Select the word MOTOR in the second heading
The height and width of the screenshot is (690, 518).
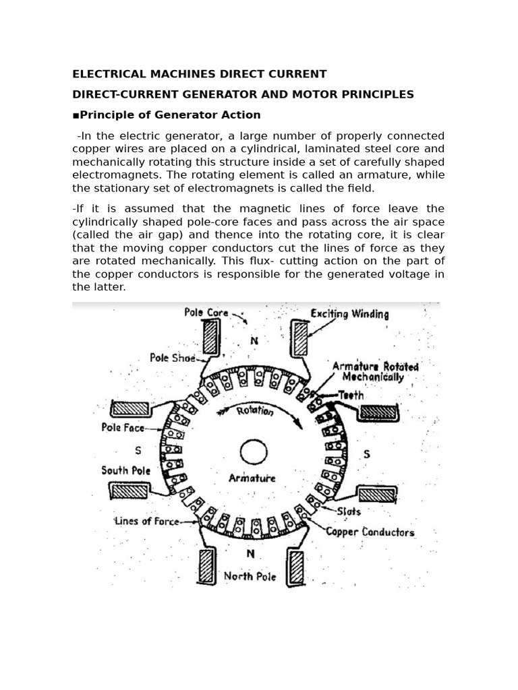pyautogui.click(x=317, y=94)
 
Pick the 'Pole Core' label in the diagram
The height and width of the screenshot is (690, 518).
pyautogui.click(x=206, y=313)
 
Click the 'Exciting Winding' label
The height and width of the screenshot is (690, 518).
pyautogui.click(x=349, y=314)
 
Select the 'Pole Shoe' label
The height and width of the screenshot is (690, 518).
pyautogui.click(x=172, y=358)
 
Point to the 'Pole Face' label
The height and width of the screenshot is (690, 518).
pyautogui.click(x=123, y=427)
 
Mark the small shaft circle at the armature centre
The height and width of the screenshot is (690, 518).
pyautogui.click(x=254, y=451)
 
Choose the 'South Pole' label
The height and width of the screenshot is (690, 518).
pyautogui.click(x=125, y=470)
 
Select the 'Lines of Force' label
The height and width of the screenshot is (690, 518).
pyautogui.click(x=146, y=521)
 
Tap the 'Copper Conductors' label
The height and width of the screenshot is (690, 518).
pyautogui.click(x=370, y=532)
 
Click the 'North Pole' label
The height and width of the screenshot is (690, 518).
pyautogui.click(x=250, y=576)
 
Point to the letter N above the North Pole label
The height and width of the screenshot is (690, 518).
pyautogui.click(x=250, y=555)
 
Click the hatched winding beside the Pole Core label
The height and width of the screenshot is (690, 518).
pyautogui.click(x=211, y=336)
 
